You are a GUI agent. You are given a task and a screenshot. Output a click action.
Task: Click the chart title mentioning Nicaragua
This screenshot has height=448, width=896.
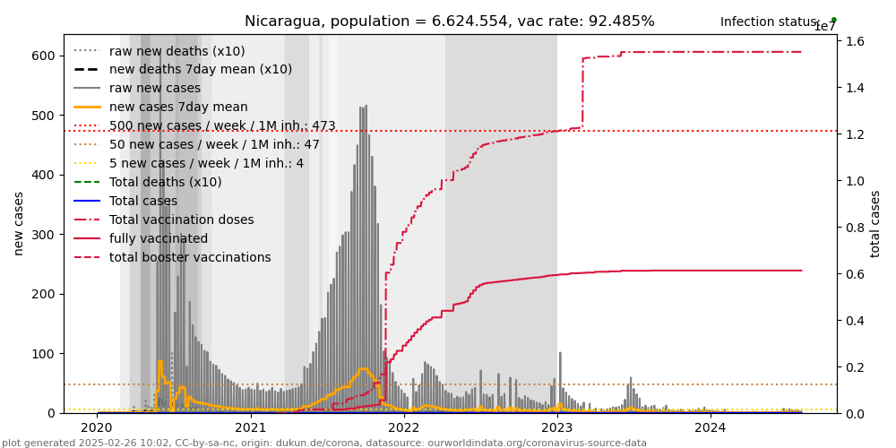click(449, 22)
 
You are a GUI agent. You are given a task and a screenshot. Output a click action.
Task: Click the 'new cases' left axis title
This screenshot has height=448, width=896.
click(19, 223)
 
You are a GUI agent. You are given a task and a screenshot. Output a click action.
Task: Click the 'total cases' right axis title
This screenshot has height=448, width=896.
click(875, 223)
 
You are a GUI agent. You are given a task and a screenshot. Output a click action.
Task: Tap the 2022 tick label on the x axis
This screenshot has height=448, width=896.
click(404, 428)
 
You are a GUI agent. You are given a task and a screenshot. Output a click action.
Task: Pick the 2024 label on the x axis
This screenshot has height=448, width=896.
click(711, 428)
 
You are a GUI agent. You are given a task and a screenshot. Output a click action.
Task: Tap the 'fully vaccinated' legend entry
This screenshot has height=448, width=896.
click(153, 239)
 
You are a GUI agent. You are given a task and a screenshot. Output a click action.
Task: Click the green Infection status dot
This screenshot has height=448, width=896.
click(833, 20)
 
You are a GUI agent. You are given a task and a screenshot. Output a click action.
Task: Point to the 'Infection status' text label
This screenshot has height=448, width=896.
click(770, 22)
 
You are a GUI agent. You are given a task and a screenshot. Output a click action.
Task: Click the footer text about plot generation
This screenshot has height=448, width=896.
click(324, 443)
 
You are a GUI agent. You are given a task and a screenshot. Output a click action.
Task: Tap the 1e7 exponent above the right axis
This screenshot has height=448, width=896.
click(824, 28)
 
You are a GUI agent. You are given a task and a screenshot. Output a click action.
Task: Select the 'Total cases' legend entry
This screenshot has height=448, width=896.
click(142, 202)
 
